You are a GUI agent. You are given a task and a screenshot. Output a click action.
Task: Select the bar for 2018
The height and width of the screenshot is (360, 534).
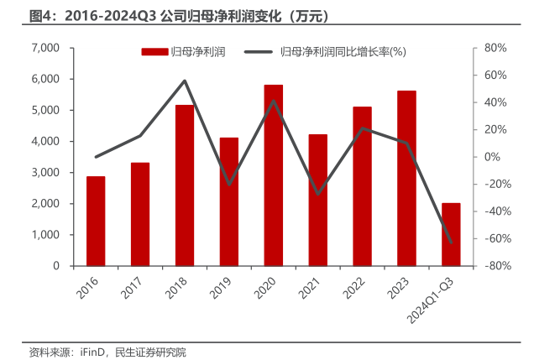pos(185,185)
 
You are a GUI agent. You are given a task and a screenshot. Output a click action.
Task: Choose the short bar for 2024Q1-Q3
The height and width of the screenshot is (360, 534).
pos(451,234)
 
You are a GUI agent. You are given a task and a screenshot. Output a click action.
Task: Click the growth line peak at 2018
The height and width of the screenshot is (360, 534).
pos(185,81)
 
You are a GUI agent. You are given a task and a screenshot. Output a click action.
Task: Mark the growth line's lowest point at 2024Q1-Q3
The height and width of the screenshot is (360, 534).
pos(451,243)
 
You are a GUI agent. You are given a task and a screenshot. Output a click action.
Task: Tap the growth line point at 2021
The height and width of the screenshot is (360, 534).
pos(317,195)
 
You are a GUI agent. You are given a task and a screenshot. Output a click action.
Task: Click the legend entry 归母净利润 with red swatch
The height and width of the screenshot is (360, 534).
pos(189,52)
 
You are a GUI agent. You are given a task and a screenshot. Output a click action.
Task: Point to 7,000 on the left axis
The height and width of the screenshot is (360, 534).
pos(44,48)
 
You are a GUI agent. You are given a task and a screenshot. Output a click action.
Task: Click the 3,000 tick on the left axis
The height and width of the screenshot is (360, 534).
pos(44,172)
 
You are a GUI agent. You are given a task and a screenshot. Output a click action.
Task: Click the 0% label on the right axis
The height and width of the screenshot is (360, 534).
pos(493,157)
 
